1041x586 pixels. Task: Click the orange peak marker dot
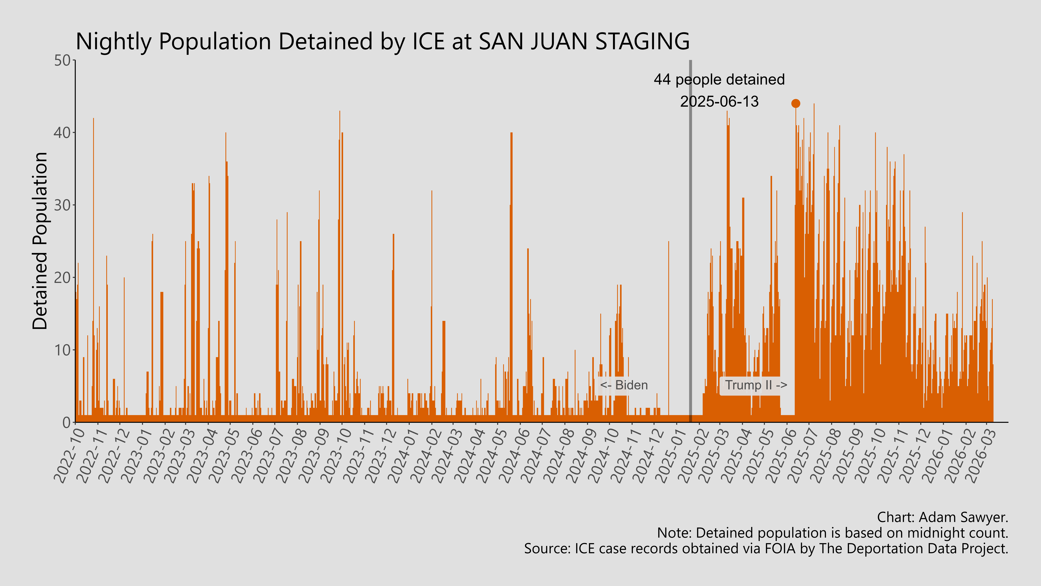[795, 104]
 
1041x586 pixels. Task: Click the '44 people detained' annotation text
[719, 80]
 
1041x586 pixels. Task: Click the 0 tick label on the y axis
[67, 422]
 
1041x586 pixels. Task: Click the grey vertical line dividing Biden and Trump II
[690, 243]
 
